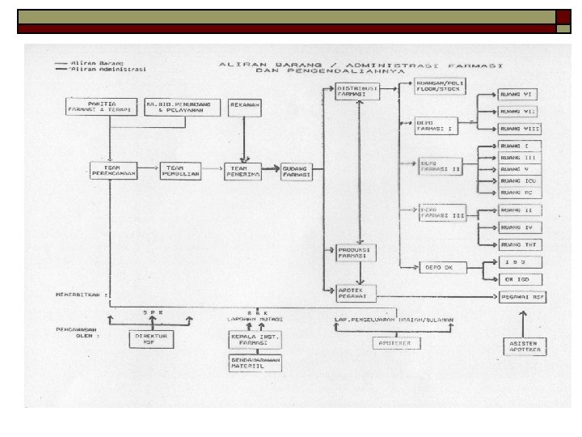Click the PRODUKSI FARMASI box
354,253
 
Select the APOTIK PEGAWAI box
354,293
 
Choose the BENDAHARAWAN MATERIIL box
254,363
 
